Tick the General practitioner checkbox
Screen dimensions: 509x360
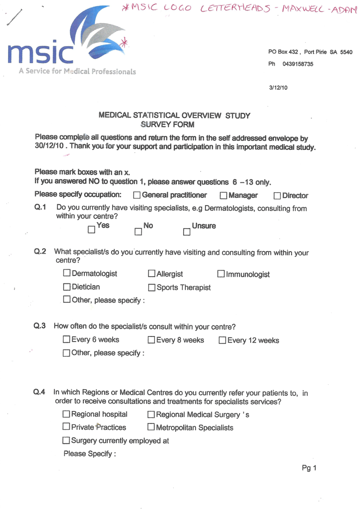[136, 196]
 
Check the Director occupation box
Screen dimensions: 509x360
[277, 196]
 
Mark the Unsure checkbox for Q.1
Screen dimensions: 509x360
[186, 232]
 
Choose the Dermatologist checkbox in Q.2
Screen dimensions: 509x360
[67, 274]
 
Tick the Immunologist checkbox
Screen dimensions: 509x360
[221, 274]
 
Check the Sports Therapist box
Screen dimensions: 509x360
[152, 288]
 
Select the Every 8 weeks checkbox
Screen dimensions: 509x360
[152, 340]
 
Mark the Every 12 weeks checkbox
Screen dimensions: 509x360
[222, 340]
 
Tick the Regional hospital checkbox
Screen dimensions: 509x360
[67, 414]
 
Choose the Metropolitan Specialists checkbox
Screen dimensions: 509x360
[151, 427]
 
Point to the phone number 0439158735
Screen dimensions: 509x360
[297, 64]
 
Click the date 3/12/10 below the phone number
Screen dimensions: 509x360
[278, 88]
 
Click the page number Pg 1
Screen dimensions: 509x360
[309, 468]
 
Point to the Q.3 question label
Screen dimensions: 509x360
[40, 326]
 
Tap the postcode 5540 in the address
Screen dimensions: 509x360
[346, 52]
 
